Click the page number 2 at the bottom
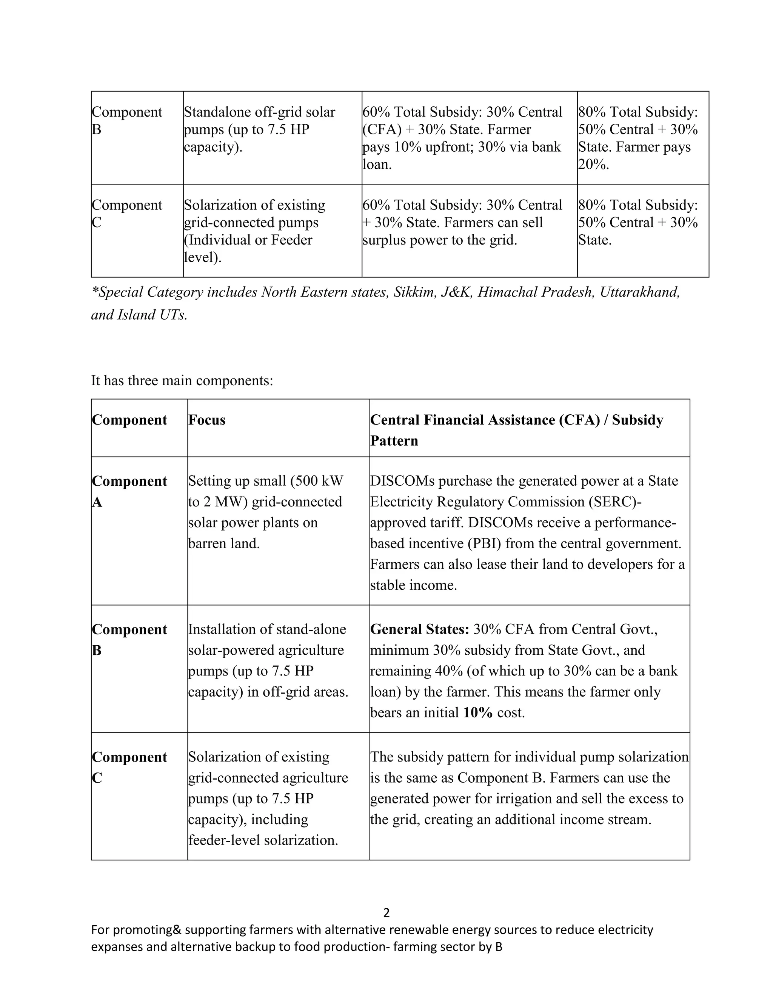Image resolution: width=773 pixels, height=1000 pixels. click(x=386, y=912)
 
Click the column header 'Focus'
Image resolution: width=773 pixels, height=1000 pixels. click(x=206, y=420)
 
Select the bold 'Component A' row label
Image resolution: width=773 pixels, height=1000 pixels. click(x=129, y=491)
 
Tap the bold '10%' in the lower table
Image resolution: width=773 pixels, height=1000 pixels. click(x=477, y=712)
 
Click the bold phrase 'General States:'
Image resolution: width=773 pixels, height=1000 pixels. click(x=419, y=629)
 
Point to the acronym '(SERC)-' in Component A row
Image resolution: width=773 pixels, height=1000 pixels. click(x=614, y=502)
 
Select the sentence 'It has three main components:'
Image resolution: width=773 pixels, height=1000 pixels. click(x=182, y=380)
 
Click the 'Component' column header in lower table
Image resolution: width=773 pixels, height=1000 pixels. click(x=129, y=420)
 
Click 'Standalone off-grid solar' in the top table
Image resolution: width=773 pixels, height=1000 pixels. click(x=259, y=112)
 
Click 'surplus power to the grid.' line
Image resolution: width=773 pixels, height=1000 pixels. click(x=440, y=240)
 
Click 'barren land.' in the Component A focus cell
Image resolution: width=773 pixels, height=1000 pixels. click(x=223, y=543)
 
